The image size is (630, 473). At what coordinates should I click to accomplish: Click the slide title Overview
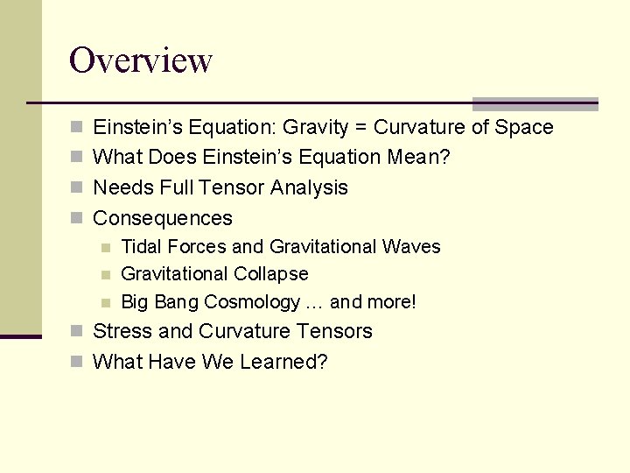click(141, 60)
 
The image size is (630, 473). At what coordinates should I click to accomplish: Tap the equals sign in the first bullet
click(361, 128)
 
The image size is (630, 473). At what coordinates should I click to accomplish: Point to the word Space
click(524, 128)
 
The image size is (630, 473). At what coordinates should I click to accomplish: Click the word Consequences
click(163, 218)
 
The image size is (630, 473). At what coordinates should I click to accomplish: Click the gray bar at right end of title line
click(535, 103)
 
